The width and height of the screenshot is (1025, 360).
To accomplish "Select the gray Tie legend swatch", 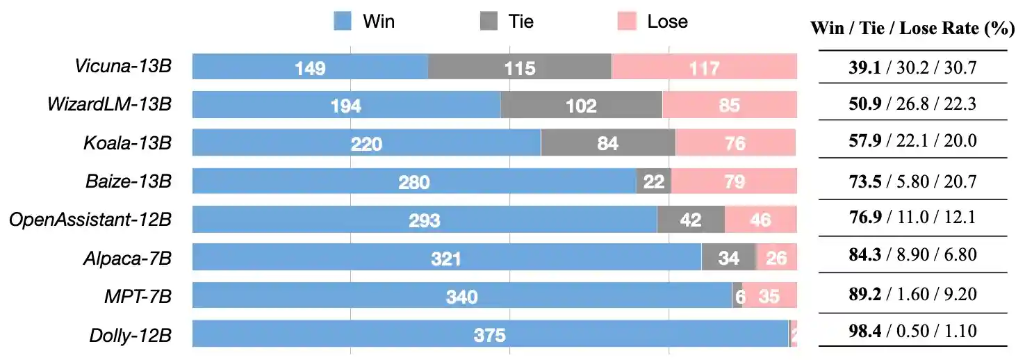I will tap(489, 22).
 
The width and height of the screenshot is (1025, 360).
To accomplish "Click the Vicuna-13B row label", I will tap(123, 67).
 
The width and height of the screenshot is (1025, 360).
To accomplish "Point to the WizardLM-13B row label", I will tap(109, 105).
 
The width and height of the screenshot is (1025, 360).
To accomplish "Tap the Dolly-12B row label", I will tap(131, 335).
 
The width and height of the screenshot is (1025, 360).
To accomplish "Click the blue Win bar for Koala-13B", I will tap(366, 143).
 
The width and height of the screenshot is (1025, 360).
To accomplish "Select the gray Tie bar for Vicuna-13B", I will tap(520, 67).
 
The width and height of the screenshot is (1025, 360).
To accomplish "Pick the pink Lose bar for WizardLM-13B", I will tap(729, 105).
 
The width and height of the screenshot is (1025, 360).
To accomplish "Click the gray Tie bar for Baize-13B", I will tap(653, 181).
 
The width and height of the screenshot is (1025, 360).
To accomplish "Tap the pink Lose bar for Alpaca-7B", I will tap(776, 259).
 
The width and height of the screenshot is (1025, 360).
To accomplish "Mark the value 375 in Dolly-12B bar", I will tap(489, 335).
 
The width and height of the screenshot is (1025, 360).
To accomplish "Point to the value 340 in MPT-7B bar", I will tap(461, 297).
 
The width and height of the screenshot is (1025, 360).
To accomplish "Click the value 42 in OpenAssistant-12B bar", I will tap(690, 220).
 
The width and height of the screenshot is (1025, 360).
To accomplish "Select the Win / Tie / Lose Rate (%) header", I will tap(912, 29).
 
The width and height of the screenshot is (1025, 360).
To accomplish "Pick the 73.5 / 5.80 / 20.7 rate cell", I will tap(912, 182).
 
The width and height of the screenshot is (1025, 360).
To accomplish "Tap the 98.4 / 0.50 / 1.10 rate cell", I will tap(912, 332).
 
